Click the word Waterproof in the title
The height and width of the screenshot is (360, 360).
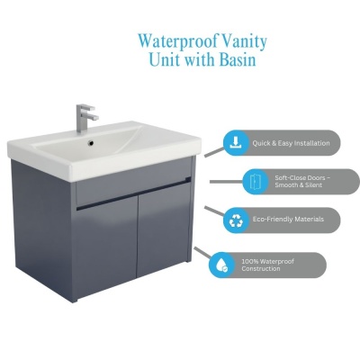(x=178, y=41)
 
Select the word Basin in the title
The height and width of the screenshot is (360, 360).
(x=238, y=59)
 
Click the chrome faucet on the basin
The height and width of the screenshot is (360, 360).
(x=86, y=118)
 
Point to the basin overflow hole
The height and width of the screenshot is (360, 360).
(x=91, y=144)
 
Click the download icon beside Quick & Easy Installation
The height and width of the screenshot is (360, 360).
(x=236, y=143)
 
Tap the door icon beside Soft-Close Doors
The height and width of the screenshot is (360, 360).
(x=255, y=182)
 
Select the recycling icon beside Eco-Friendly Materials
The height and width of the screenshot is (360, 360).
(x=236, y=220)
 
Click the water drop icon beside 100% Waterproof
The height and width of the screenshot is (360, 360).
(x=221, y=265)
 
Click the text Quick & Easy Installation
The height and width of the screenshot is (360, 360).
(x=291, y=143)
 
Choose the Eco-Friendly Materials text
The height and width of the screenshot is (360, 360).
(x=288, y=220)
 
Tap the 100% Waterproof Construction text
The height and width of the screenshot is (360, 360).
(x=267, y=265)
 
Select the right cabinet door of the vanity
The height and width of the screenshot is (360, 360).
(x=163, y=229)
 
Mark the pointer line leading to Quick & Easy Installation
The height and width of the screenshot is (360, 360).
(x=214, y=152)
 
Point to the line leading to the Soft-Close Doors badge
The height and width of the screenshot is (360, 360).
(x=226, y=182)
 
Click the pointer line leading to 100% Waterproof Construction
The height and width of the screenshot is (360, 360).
(x=202, y=252)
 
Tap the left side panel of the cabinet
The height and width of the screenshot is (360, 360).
(x=43, y=228)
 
